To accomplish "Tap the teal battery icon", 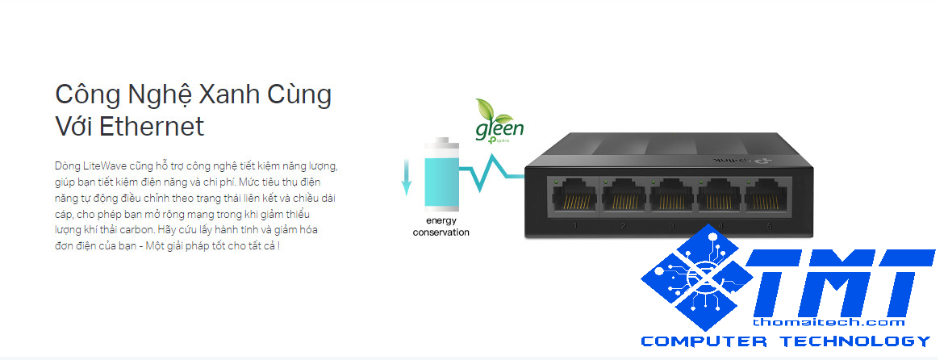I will (441, 175).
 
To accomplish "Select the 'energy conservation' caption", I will (441, 227).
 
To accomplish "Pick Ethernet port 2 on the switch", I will (624, 196).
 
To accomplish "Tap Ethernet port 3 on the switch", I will (672, 196).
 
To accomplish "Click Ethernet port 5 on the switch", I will (767, 196).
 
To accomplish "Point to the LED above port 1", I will (557, 183).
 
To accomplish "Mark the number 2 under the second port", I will (624, 226).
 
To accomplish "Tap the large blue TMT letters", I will (839, 283).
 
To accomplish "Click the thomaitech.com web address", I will (839, 322).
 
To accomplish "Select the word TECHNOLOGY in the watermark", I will (858, 341).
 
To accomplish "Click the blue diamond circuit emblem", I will (695, 279).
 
